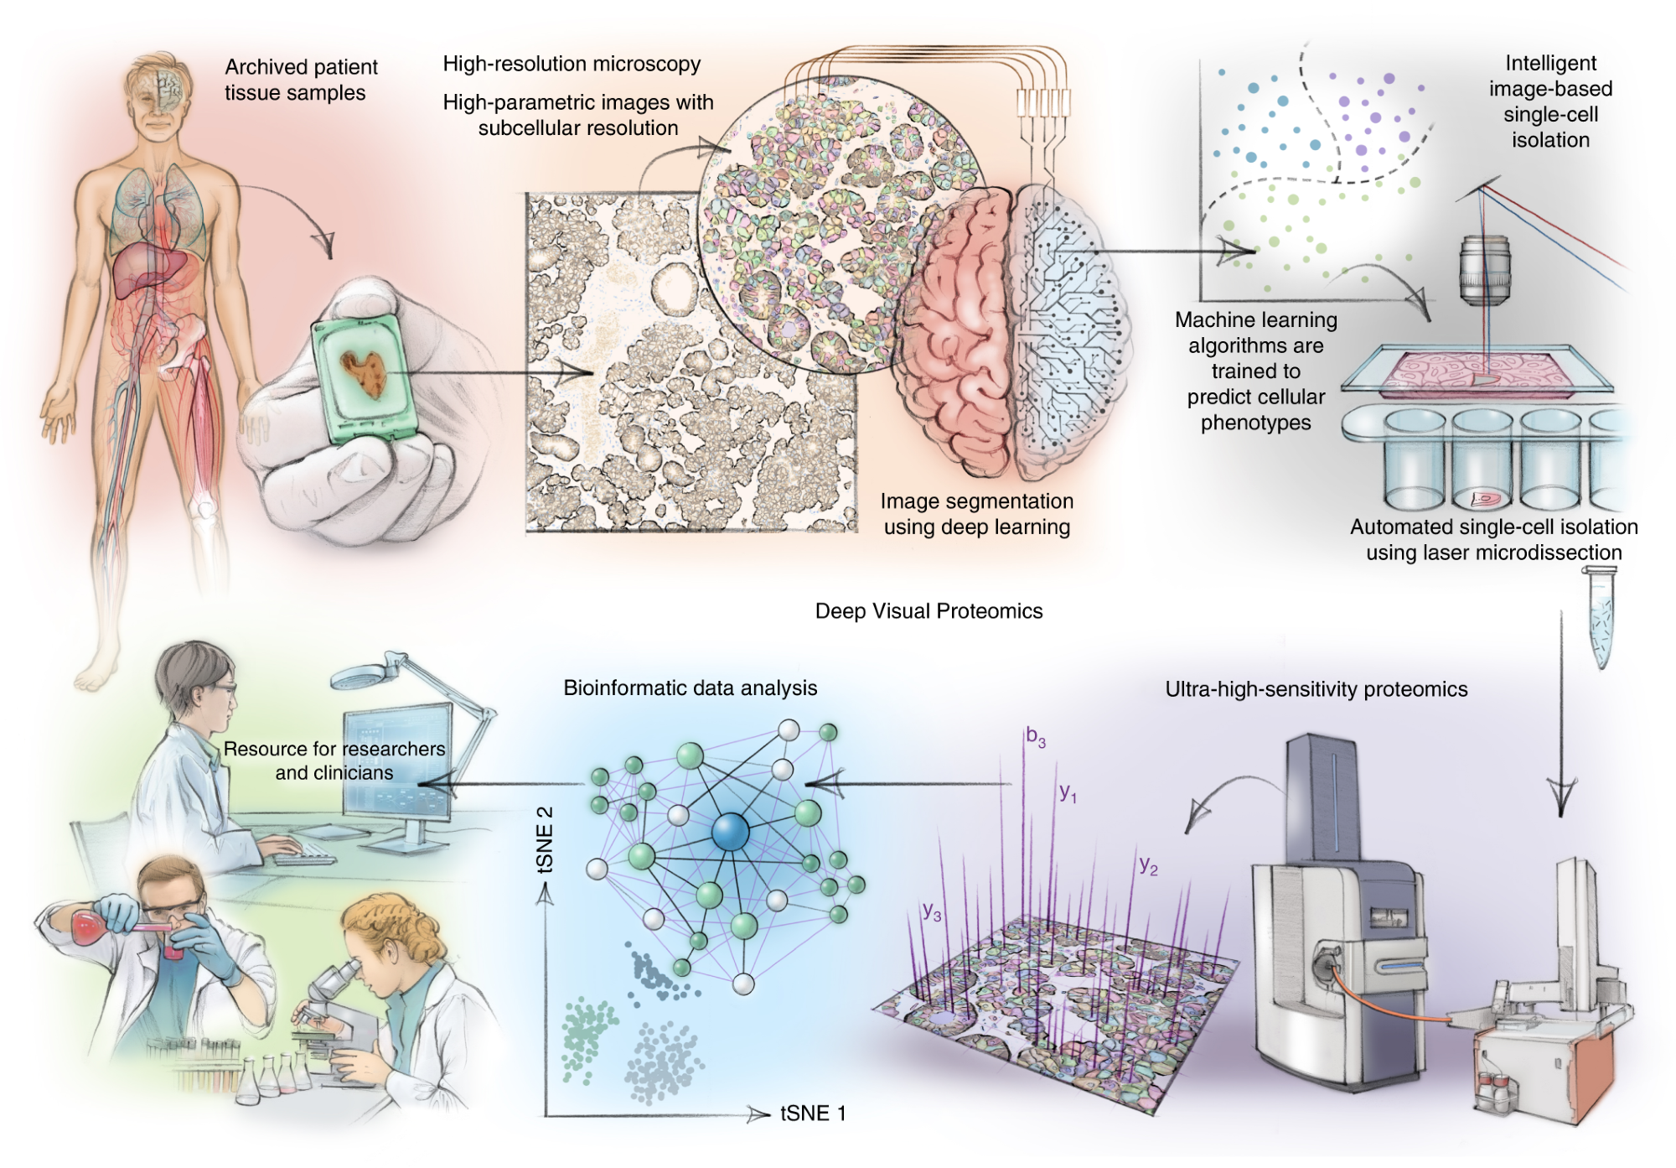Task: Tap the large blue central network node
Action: coord(730,831)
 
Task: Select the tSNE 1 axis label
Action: coord(812,1113)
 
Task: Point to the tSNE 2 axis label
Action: coord(546,839)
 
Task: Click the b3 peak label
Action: coord(1036,738)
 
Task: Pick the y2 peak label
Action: coord(1148,865)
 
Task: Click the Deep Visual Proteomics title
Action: coord(929,611)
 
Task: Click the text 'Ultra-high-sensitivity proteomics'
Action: coord(1316,689)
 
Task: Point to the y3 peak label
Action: coord(931,911)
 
